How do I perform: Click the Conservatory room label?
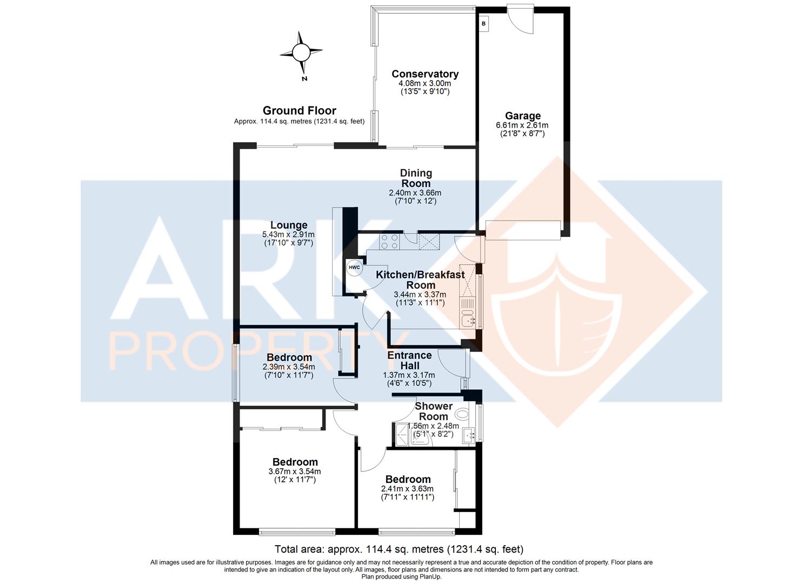pos(425,74)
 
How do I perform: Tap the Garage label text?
pos(523,116)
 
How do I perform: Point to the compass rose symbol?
pos(301,53)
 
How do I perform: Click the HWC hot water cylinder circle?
pos(354,268)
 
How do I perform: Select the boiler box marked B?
pos(483,24)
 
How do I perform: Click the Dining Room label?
pos(416,178)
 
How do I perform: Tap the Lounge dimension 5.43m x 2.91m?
pos(288,235)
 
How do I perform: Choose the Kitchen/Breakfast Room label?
pos(420,280)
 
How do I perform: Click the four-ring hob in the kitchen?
pos(390,241)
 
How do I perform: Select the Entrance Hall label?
pos(409,360)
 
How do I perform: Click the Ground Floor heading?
pos(300,110)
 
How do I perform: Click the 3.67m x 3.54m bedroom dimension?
pos(295,472)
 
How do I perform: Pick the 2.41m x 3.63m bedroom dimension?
pos(407,489)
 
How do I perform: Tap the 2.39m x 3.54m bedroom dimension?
pos(289,367)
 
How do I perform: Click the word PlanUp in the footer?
pos(432,577)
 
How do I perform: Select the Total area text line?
pos(399,549)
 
